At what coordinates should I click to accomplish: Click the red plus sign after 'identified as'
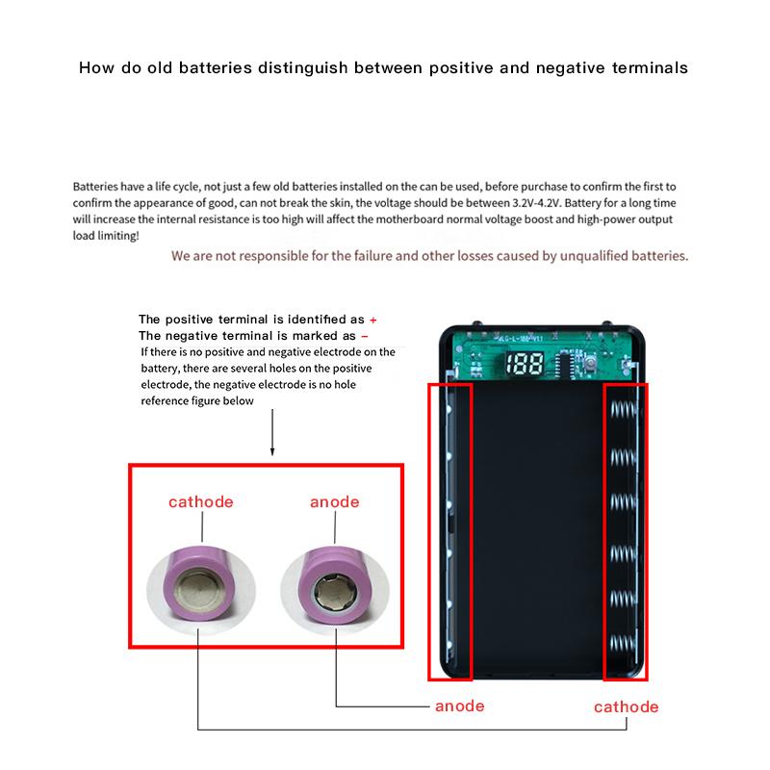coord(373,319)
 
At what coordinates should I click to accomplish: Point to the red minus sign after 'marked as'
coord(365,336)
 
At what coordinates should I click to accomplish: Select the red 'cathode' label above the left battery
coord(201,501)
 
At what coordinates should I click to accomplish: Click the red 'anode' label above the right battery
coord(334,501)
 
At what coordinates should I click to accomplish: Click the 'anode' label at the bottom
coord(459,706)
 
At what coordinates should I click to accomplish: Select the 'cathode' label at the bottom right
coord(626,706)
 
